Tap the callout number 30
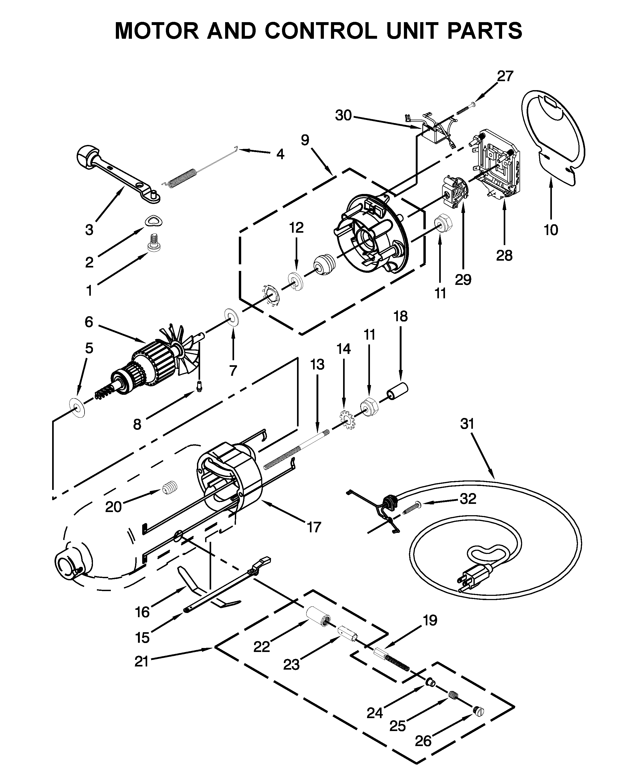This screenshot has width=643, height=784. click(x=343, y=116)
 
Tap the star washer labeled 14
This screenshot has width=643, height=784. click(x=347, y=420)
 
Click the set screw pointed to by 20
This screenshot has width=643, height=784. click(x=170, y=487)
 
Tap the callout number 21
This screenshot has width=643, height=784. click(x=141, y=661)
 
